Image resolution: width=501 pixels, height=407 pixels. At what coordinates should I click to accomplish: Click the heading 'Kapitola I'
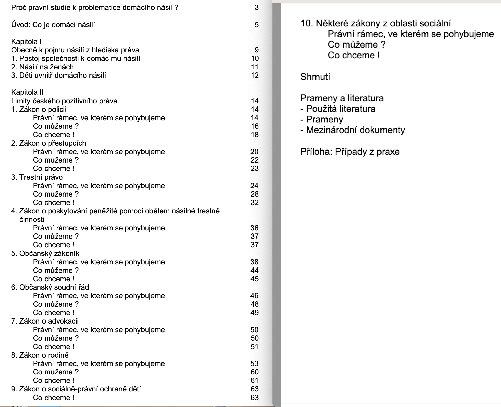(x=26, y=41)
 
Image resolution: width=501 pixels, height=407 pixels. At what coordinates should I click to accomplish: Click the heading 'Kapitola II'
(x=27, y=92)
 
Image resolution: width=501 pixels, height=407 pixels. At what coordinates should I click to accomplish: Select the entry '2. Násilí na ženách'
(x=42, y=67)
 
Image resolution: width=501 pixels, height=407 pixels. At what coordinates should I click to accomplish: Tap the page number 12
(x=255, y=75)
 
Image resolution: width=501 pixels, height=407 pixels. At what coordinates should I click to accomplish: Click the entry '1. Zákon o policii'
(x=39, y=109)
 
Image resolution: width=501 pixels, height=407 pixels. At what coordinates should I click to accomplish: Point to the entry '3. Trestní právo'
(x=37, y=177)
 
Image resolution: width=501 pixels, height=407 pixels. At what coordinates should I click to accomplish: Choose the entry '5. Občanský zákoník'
(x=45, y=253)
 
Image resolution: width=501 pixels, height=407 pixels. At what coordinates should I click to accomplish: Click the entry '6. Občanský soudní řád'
(x=50, y=287)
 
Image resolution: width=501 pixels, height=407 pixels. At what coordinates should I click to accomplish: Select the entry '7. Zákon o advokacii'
(x=45, y=321)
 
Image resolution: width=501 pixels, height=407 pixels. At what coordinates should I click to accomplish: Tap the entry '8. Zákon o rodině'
(x=40, y=355)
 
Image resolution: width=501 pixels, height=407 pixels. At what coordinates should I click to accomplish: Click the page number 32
(x=255, y=202)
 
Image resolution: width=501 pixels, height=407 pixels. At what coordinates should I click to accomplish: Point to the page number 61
(x=255, y=380)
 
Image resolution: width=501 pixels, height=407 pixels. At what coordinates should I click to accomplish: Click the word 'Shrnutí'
(x=315, y=77)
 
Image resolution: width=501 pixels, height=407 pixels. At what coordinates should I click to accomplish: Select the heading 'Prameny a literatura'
(x=342, y=98)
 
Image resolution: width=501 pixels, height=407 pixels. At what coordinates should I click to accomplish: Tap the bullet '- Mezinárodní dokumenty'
(x=352, y=130)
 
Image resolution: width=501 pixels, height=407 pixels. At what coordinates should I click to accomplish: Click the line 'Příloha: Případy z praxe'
(x=350, y=152)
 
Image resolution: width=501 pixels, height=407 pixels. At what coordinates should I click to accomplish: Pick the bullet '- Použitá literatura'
(x=338, y=109)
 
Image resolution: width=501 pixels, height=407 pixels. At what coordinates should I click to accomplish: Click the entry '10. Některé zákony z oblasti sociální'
(x=375, y=23)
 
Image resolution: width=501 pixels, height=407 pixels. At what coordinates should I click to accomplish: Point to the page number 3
(x=257, y=7)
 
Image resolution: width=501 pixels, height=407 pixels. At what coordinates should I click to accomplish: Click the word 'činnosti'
(x=32, y=219)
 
